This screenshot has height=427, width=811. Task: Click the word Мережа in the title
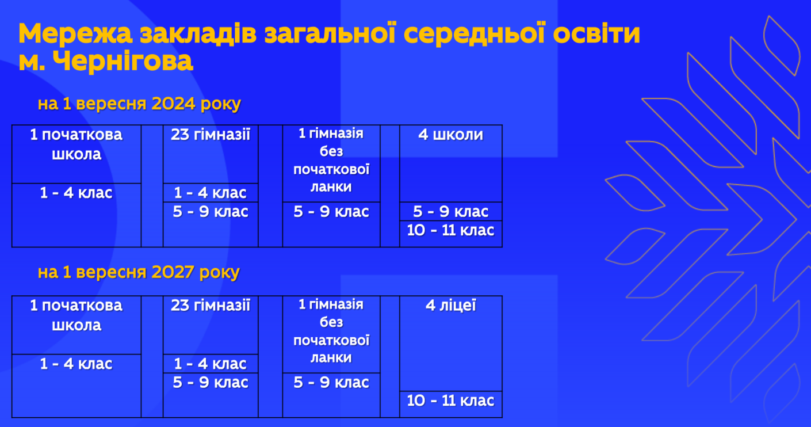pyautogui.click(x=75, y=35)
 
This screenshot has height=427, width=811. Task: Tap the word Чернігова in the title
pyautogui.click(x=123, y=61)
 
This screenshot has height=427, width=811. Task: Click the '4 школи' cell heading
pyautogui.click(x=450, y=135)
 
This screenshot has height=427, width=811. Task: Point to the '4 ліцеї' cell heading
pyautogui.click(x=450, y=306)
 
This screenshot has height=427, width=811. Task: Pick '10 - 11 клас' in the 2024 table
pyautogui.click(x=450, y=230)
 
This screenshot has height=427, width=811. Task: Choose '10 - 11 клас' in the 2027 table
pyautogui.click(x=450, y=401)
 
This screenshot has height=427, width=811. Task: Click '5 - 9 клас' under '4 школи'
pyautogui.click(x=450, y=212)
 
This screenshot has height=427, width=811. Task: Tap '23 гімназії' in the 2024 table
pyautogui.click(x=211, y=135)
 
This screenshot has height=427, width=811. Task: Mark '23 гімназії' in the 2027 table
pyautogui.click(x=211, y=306)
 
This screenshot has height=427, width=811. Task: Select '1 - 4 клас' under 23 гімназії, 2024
pyautogui.click(x=211, y=193)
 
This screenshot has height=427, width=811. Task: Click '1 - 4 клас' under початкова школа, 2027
pyautogui.click(x=76, y=364)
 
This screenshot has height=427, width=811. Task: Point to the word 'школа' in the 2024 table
pyautogui.click(x=76, y=154)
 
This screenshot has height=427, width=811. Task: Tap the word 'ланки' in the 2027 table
pyautogui.click(x=331, y=358)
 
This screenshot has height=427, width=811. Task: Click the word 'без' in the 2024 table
pyautogui.click(x=331, y=151)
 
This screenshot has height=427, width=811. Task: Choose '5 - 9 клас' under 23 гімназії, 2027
pyautogui.click(x=211, y=383)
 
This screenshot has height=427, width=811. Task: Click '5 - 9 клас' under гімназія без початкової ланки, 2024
pyautogui.click(x=331, y=212)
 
